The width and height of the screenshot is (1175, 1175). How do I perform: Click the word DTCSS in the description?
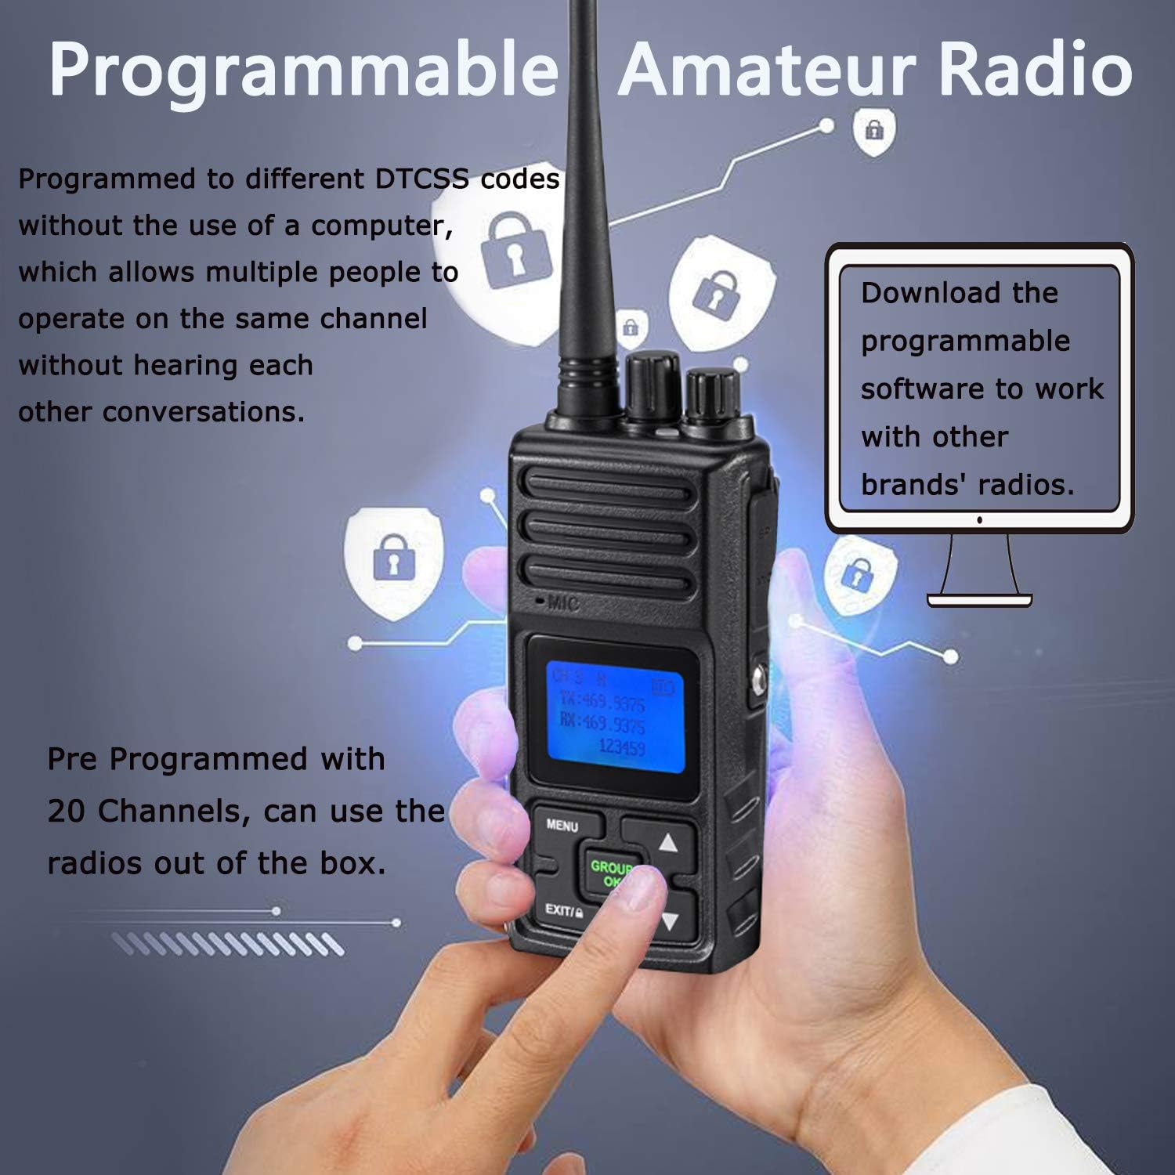421,179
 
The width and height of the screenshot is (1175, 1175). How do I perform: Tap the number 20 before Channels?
66,812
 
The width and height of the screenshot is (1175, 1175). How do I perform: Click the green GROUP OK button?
610,872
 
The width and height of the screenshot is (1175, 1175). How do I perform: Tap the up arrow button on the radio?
667,843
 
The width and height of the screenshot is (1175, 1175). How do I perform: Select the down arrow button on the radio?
668,921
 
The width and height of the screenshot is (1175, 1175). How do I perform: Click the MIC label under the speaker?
562,602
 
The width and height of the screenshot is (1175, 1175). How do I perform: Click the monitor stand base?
979,600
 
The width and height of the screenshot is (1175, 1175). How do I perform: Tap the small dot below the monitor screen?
979,520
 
